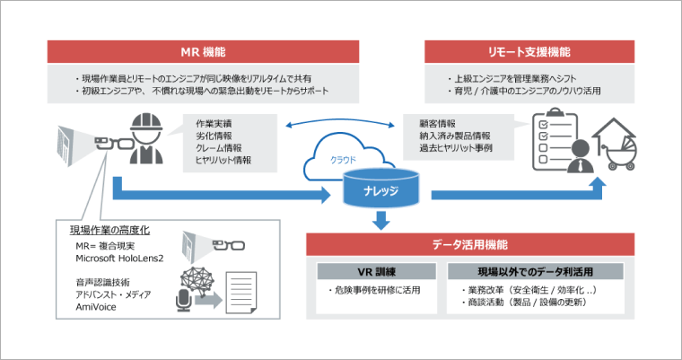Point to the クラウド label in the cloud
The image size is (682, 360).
coord(350,161)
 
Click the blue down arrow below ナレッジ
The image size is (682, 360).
coord(380,219)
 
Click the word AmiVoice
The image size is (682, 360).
coord(98,307)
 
